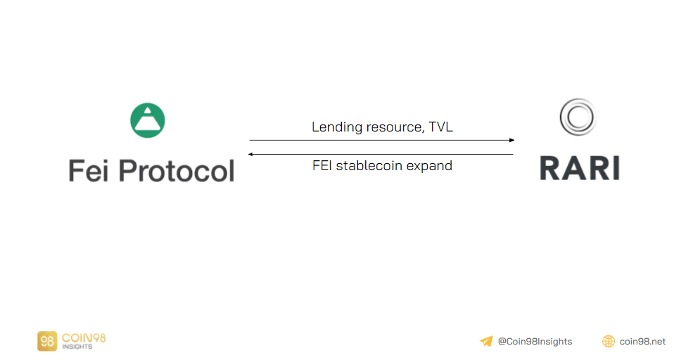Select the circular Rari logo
coord(578,117)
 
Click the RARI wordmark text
coord(579,168)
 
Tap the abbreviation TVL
coord(441,128)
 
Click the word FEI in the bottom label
coord(323,167)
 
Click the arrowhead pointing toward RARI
coord(511,141)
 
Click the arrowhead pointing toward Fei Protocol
coord(252,154)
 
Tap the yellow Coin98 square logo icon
coord(47,342)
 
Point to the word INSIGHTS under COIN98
coord(78,347)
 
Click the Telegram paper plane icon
coord(486,342)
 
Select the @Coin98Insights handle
coord(535,342)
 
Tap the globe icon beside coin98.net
coord(609,342)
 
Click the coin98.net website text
coord(642,342)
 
